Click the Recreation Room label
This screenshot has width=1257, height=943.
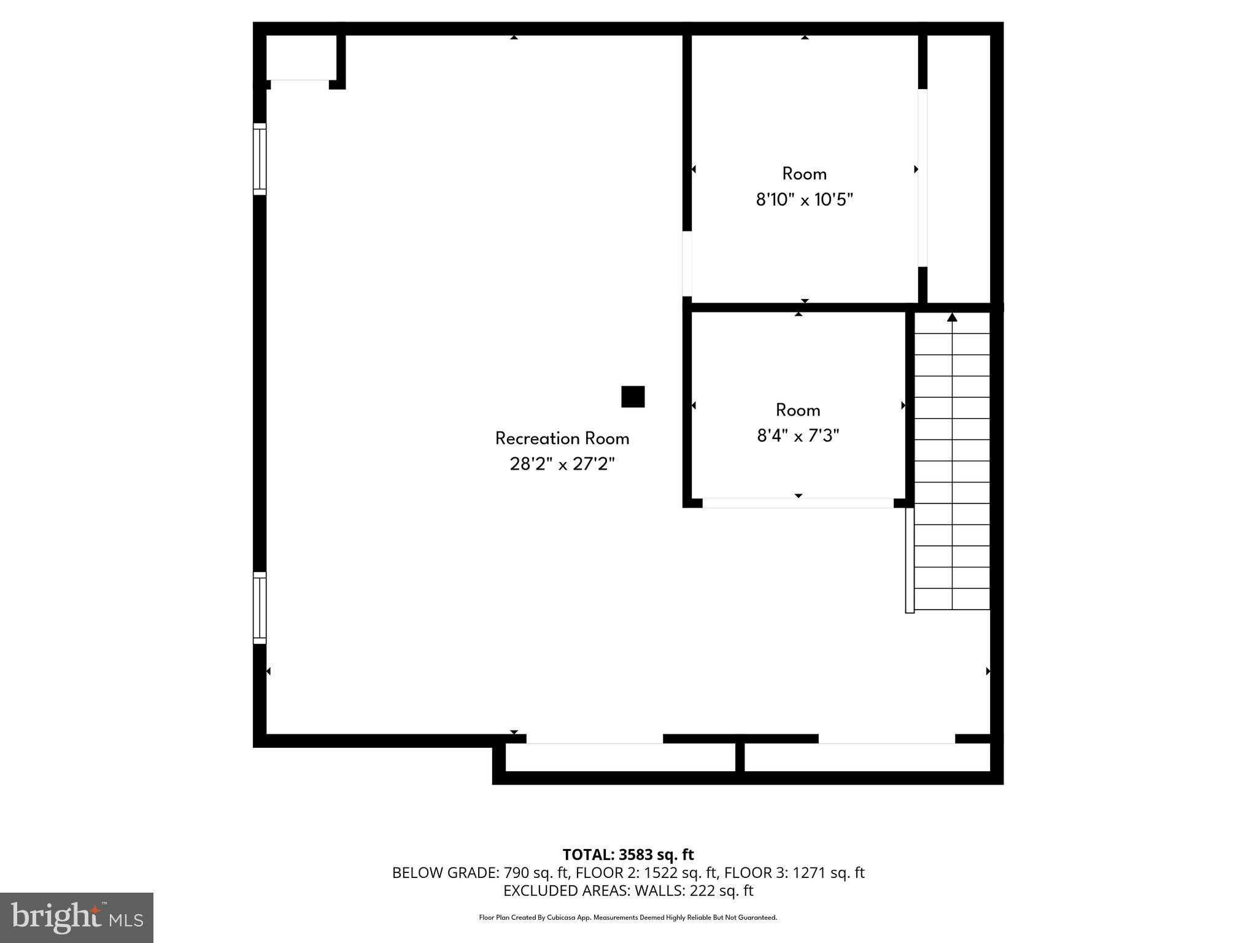tap(562, 438)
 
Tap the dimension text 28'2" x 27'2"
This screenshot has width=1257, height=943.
tap(562, 464)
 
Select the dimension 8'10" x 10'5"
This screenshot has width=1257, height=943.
tap(804, 200)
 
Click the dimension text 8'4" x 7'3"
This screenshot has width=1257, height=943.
tap(798, 436)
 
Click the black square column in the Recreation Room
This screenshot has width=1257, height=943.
tap(633, 397)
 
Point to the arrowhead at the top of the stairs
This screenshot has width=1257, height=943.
tap(952, 317)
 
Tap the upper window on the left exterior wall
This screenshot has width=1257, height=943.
tap(260, 159)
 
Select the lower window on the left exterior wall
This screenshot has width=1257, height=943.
tap(260, 608)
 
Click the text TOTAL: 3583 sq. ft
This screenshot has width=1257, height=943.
tap(628, 855)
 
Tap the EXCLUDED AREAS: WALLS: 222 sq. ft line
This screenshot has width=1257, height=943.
tap(628, 891)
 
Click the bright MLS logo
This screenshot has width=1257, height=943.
tap(77, 917)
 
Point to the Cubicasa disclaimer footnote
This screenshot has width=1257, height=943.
tap(628, 918)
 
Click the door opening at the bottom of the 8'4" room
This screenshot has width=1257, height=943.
tap(798, 503)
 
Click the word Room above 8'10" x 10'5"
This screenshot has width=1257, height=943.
tap(804, 174)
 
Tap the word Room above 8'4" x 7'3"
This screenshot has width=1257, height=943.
tap(798, 410)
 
